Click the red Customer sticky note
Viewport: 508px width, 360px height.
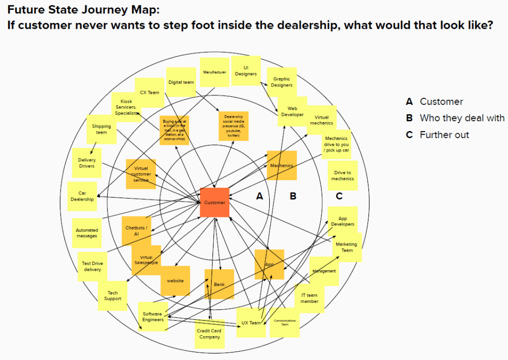(215, 202)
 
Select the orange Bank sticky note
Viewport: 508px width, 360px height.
(219, 284)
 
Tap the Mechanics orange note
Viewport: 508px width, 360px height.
(282, 165)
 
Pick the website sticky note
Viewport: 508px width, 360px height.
(175, 281)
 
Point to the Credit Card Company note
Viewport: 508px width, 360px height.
(209, 333)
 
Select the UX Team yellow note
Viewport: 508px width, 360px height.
(251, 323)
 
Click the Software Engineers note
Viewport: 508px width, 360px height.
(152, 317)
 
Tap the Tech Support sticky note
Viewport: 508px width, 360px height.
(113, 296)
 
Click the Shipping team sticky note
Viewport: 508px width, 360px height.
(101, 130)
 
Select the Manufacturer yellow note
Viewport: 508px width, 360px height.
(215, 72)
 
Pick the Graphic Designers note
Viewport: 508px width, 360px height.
(282, 82)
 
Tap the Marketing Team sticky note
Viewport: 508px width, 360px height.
(347, 247)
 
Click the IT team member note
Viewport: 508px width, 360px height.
(309, 298)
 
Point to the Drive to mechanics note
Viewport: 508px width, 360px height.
(343, 175)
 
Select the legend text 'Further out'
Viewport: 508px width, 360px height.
(444, 135)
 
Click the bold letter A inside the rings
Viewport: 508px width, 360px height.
(259, 196)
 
